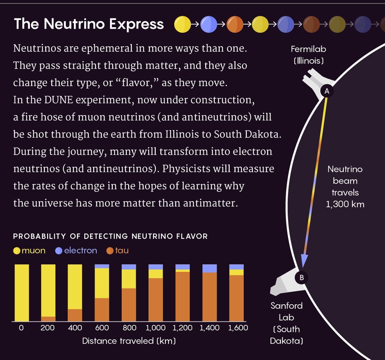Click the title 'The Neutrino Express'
(x=89, y=24)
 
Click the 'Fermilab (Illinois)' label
(x=308, y=54)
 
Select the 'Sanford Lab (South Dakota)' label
(x=287, y=323)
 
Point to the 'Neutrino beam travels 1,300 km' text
(x=345, y=187)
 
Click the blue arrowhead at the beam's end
(x=304, y=261)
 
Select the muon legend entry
(x=29, y=251)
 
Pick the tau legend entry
(x=117, y=251)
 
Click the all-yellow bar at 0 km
(x=22, y=292)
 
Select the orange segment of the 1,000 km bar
(x=156, y=299)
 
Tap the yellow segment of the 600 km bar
(x=101, y=283)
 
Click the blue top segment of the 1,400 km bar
(x=209, y=268)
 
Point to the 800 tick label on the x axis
(x=129, y=328)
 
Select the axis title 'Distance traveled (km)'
(x=129, y=341)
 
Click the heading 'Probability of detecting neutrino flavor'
(x=111, y=236)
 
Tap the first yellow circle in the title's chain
(x=182, y=24)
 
